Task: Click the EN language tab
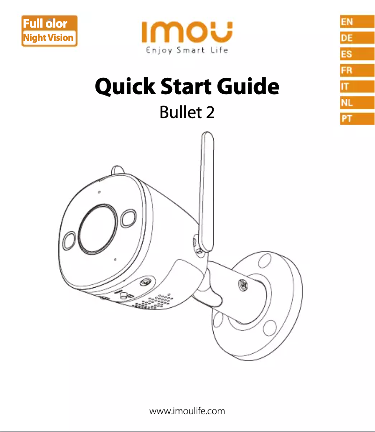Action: pyautogui.click(x=357, y=22)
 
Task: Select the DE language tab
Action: pyautogui.click(x=357, y=38)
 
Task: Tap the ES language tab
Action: pyautogui.click(x=357, y=54)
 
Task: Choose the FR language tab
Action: pyautogui.click(x=357, y=70)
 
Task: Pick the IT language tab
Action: pyautogui.click(x=357, y=86)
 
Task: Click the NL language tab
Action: pyautogui.click(x=357, y=103)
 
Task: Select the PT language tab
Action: pyautogui.click(x=357, y=119)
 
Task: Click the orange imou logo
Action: pyautogui.click(x=187, y=32)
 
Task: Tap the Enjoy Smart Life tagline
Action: pyautogui.click(x=187, y=51)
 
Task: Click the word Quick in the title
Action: pyautogui.click(x=125, y=87)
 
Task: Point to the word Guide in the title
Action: pyautogui.click(x=248, y=86)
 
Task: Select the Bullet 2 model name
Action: pyautogui.click(x=187, y=112)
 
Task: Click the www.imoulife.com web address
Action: pyautogui.click(x=187, y=411)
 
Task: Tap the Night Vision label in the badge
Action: pyautogui.click(x=48, y=38)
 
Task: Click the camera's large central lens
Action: pyautogui.click(x=98, y=229)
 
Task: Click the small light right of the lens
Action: pyautogui.click(x=129, y=218)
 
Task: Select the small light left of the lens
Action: pyautogui.click(x=69, y=240)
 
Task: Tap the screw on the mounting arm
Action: pyautogui.click(x=243, y=284)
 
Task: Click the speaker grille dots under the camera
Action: pyautogui.click(x=153, y=301)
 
